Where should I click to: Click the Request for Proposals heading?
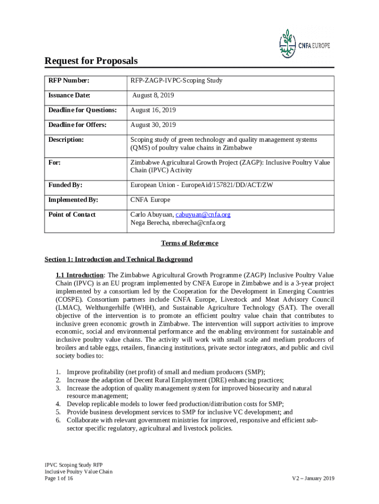pyautogui.click(x=91, y=61)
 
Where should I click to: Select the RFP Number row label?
pyautogui.click(x=68, y=81)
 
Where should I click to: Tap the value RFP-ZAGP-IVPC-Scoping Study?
pyautogui.click(x=176, y=81)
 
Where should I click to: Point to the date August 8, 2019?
pyautogui.click(x=153, y=95)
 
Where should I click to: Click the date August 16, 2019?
pyautogui.click(x=153, y=110)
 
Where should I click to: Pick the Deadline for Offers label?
pyautogui.click(x=77, y=125)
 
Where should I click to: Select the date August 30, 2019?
pyautogui.click(x=153, y=125)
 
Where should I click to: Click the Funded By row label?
pyautogui.click(x=65, y=185)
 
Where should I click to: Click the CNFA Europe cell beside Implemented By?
pyautogui.click(x=150, y=200)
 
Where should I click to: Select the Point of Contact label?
pyautogui.click(x=72, y=215)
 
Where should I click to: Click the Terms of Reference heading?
pyautogui.click(x=189, y=243)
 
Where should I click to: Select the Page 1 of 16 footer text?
pyautogui.click(x=59, y=478)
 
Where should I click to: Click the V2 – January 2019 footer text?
pyautogui.click(x=313, y=478)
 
